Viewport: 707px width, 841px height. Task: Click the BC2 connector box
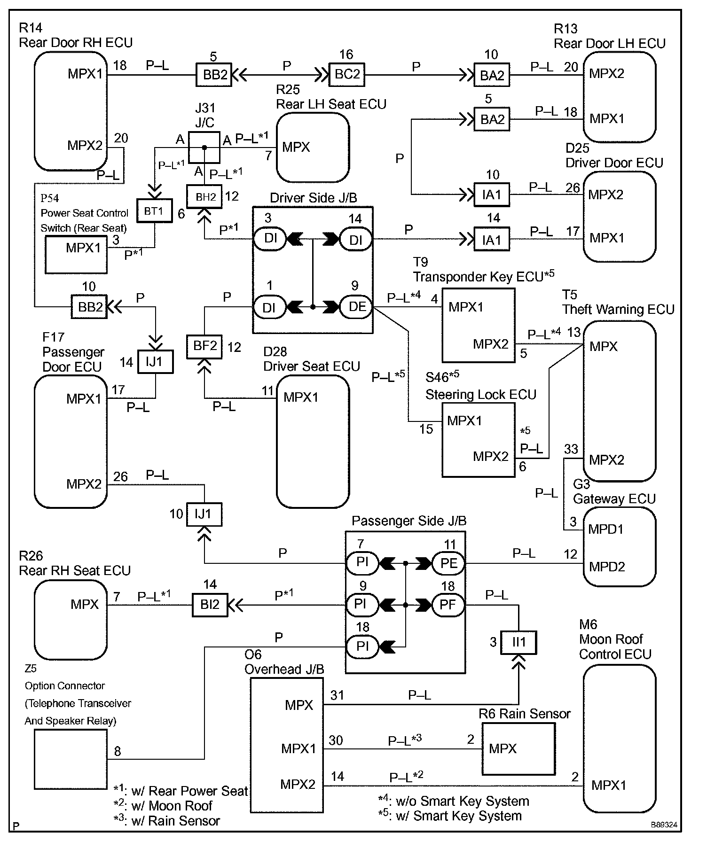tap(347, 74)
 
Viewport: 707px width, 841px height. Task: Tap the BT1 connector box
tap(154, 211)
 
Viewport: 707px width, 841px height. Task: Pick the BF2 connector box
tap(204, 347)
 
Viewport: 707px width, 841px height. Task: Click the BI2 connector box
tap(210, 605)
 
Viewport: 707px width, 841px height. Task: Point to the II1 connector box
tap(518, 642)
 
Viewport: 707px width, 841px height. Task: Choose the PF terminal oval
tap(448, 604)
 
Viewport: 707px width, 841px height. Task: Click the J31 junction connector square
tap(204, 148)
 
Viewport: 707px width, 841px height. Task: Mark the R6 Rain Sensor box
tap(518, 748)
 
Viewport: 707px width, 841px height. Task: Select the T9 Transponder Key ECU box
tap(478, 325)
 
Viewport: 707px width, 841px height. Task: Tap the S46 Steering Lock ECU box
tap(478, 440)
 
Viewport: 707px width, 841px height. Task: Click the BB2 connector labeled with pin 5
tap(214, 75)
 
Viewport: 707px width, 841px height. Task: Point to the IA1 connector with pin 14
tap(491, 240)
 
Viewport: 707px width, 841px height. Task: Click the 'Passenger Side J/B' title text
tap(409, 521)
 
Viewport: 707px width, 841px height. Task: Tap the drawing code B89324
tap(664, 825)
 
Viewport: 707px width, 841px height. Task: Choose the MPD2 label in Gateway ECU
tap(607, 566)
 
